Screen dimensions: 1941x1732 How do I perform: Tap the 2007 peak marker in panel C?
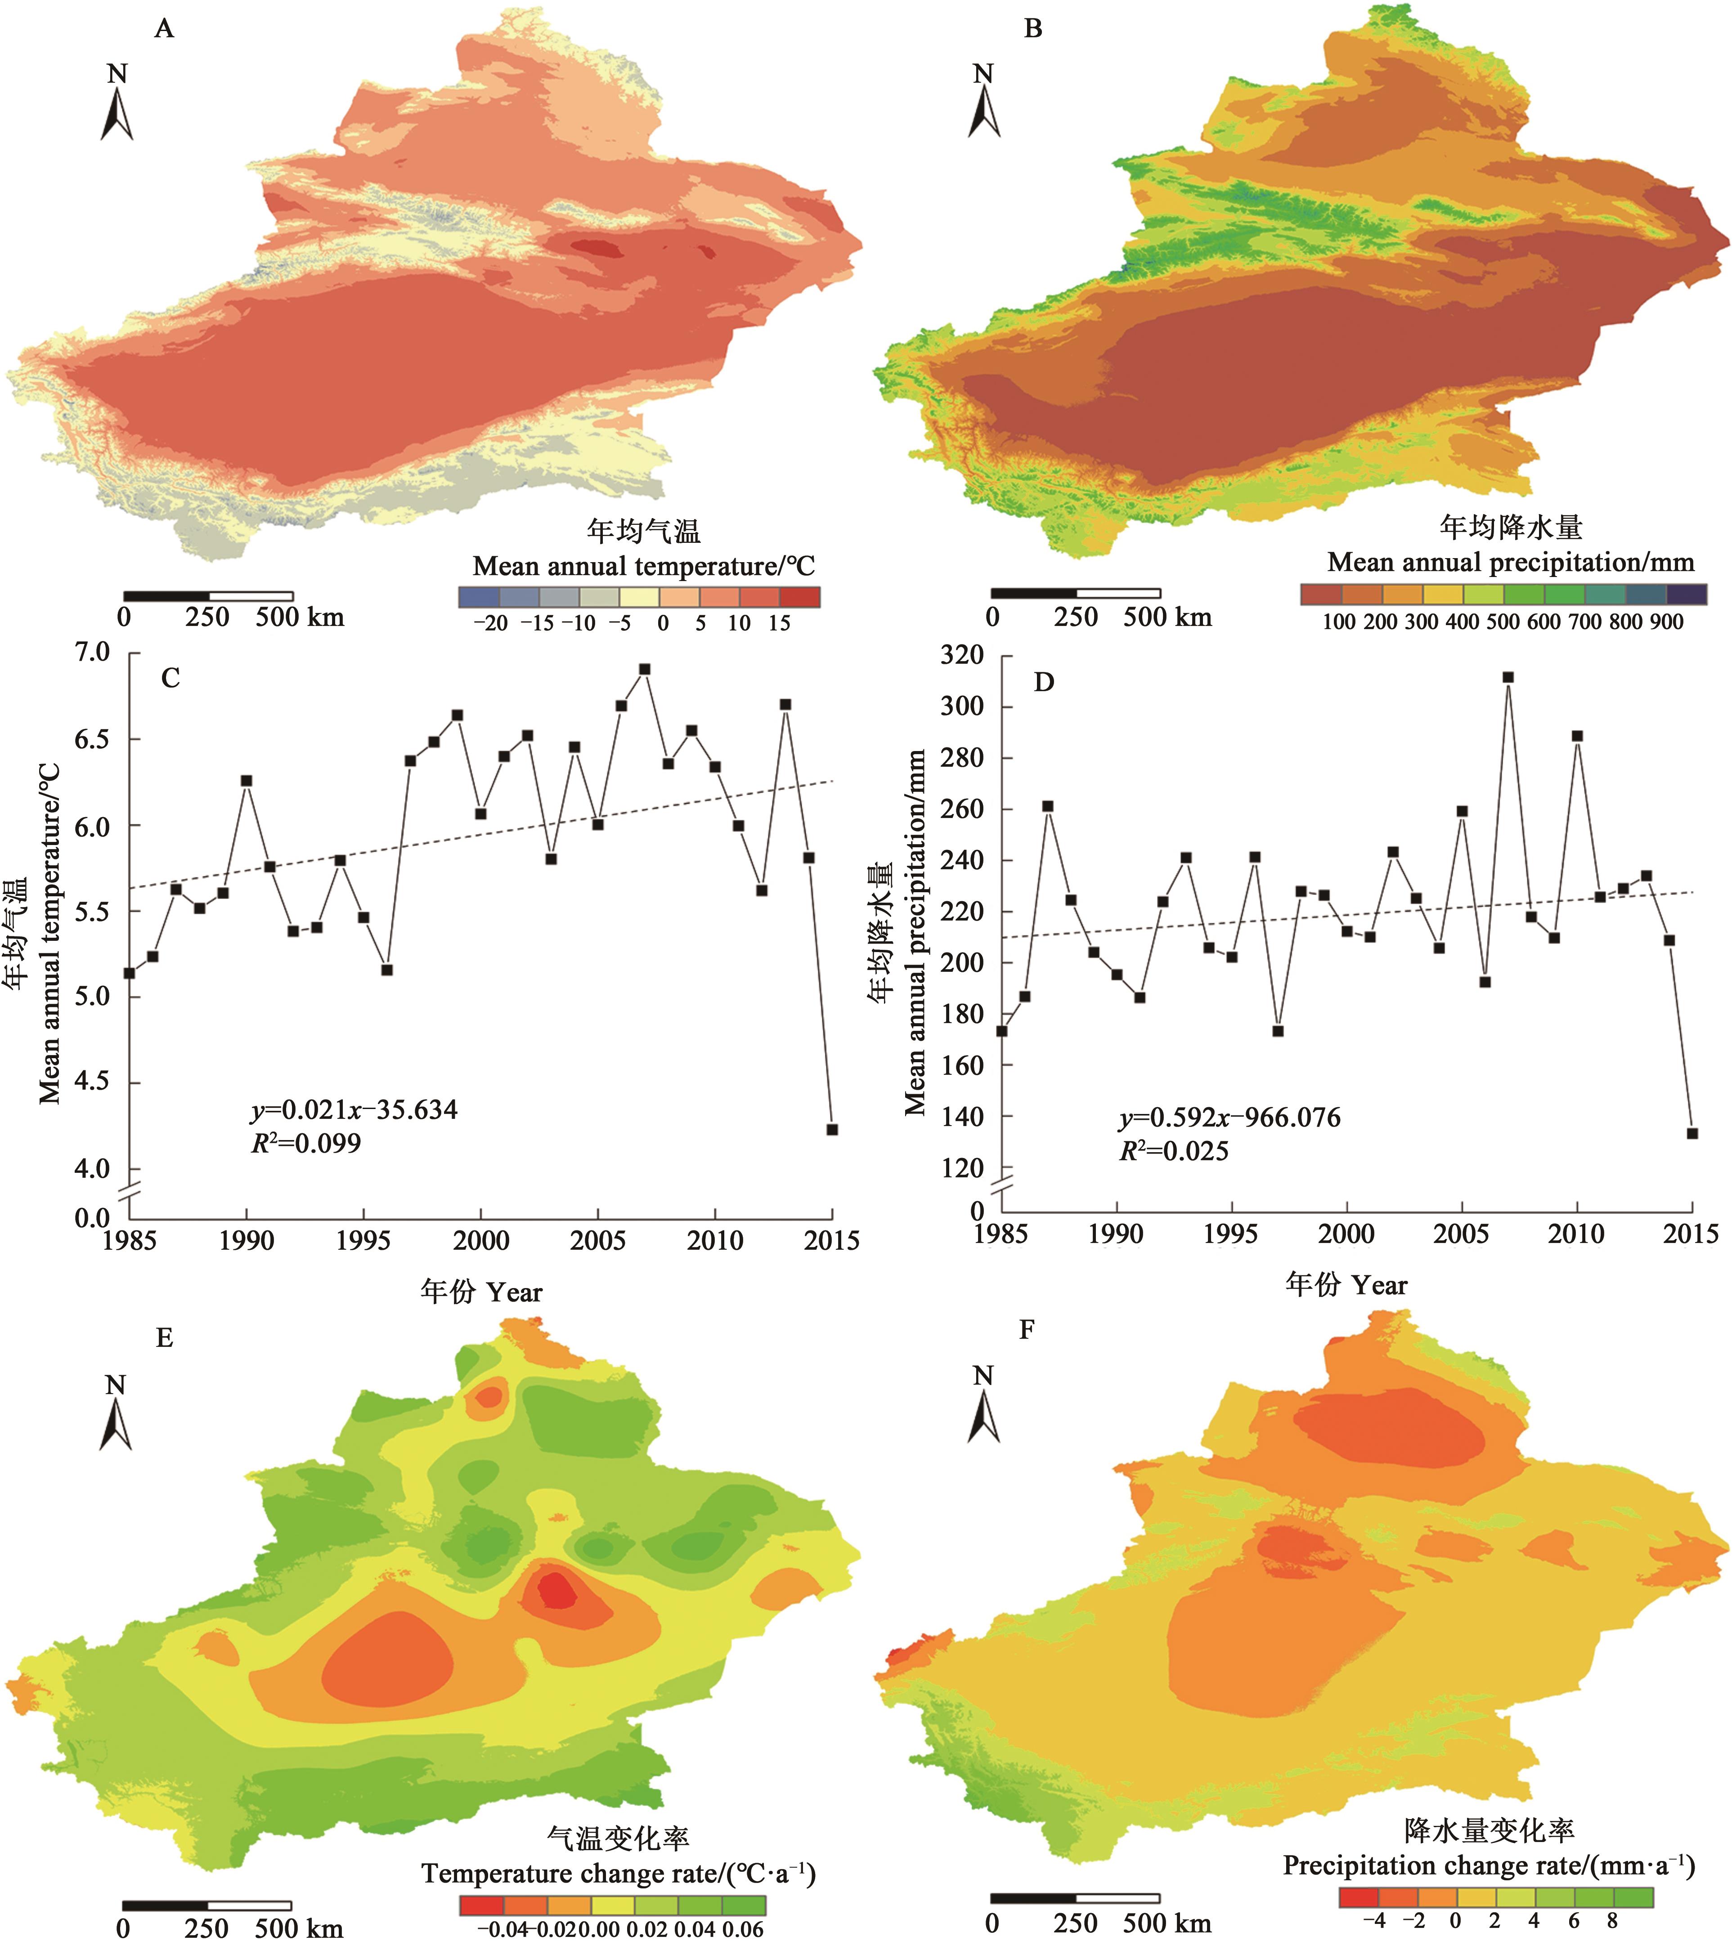(644, 669)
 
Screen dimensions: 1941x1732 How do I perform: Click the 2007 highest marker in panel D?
(1508, 677)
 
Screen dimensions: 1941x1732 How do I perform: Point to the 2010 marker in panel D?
(1577, 735)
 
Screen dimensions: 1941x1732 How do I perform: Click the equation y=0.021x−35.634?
(354, 1109)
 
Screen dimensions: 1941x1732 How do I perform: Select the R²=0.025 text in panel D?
(1173, 1151)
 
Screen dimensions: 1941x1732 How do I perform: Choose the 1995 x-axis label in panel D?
(1231, 1234)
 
